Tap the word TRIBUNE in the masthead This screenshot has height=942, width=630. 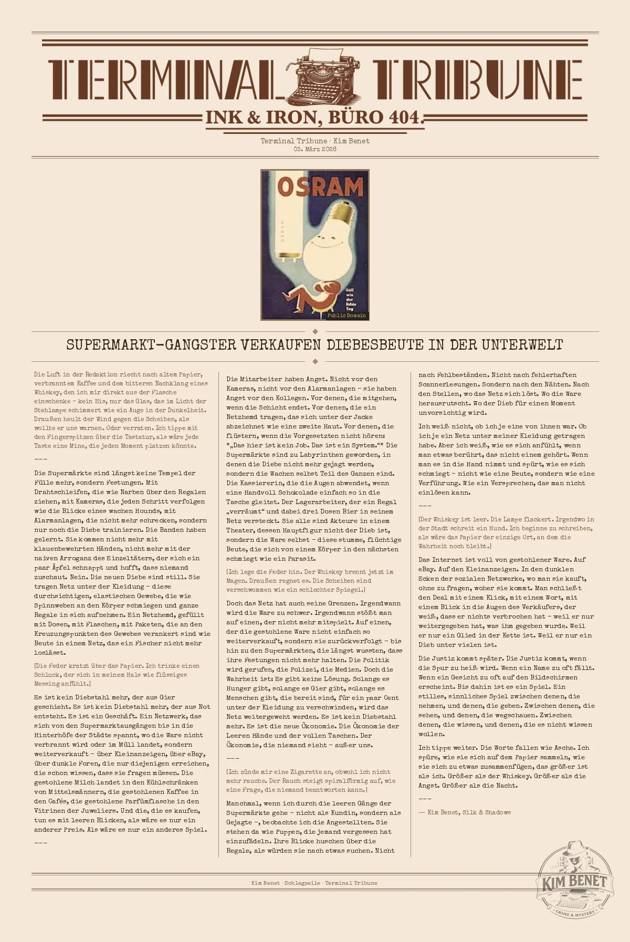tap(478, 80)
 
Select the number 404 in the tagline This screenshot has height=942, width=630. tap(403, 117)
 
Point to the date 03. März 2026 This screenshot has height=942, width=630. tap(315, 149)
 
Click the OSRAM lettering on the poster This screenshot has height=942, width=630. tap(320, 186)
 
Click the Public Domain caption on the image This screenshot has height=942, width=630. tap(346, 316)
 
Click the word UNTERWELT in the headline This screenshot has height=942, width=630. tap(522, 345)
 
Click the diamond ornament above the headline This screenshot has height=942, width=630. tap(315, 331)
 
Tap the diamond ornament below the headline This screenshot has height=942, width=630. tap(315, 361)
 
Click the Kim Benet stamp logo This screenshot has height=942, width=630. tap(574, 883)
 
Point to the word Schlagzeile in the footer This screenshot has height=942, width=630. tap(302, 883)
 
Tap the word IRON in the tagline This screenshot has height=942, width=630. tap(294, 117)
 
